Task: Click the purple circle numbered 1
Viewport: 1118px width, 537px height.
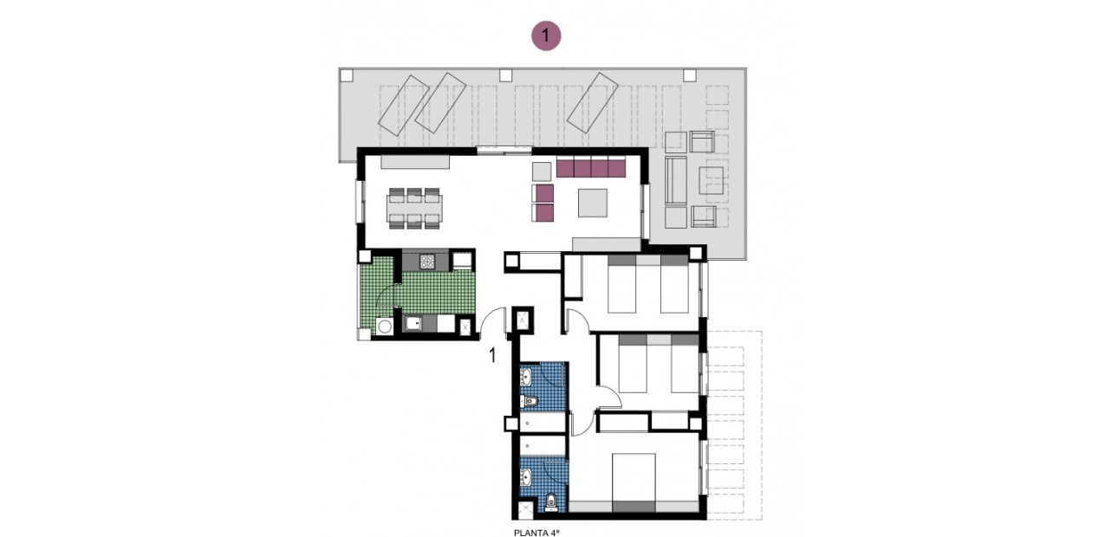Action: pos(546,36)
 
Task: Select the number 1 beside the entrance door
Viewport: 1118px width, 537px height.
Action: pos(492,353)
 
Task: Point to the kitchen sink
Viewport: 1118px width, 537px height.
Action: pos(413,324)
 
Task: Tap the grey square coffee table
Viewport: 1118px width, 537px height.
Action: pos(593,203)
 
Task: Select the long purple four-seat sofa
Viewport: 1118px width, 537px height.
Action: pos(591,168)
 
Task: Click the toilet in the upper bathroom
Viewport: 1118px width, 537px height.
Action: pos(530,400)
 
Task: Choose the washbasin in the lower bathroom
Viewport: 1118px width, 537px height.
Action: pos(527,476)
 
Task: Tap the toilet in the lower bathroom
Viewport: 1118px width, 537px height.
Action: pos(552,501)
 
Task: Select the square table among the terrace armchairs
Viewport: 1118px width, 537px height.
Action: pos(712,180)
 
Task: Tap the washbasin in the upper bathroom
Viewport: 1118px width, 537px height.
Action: pos(526,378)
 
